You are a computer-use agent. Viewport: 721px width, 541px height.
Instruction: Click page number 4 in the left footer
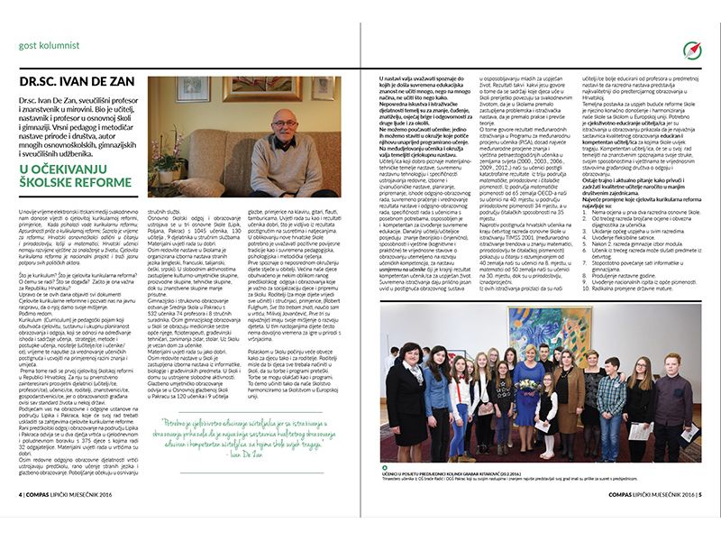21,520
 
